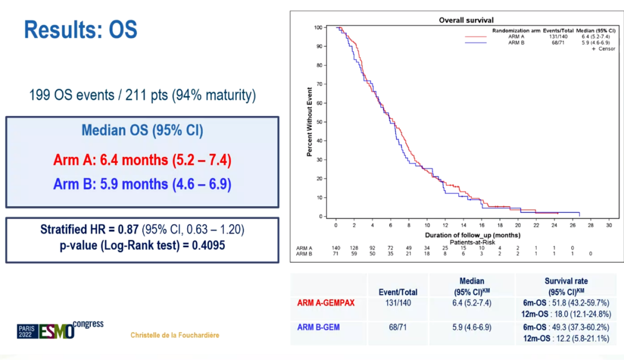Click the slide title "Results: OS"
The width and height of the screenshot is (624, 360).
[81, 29]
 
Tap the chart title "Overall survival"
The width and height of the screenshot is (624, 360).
[466, 20]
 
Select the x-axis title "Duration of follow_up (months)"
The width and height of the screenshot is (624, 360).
[473, 235]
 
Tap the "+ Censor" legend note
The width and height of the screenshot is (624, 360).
[603, 49]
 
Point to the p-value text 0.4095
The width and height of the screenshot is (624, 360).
[207, 245]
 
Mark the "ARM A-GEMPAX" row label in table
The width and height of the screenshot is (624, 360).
[327, 302]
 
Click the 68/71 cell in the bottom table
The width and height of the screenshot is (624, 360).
[398, 327]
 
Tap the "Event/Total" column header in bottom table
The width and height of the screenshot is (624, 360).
[398, 292]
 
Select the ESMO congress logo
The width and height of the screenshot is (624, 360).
[60, 330]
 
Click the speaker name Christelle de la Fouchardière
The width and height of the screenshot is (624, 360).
[175, 335]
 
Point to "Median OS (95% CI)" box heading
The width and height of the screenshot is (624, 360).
[142, 131]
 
